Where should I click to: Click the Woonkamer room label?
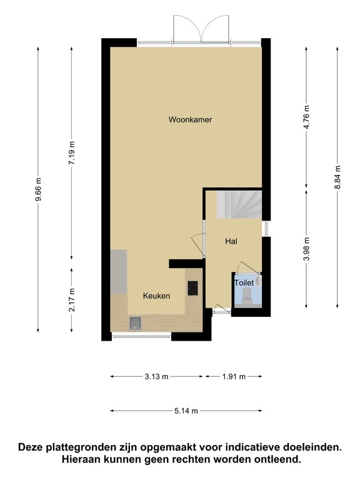pyautogui.click(x=190, y=119)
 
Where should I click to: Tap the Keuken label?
pyautogui.click(x=156, y=296)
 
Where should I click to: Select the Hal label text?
pyautogui.click(x=231, y=241)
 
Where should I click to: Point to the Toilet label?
pyautogui.click(x=244, y=282)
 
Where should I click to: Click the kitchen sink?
pyautogui.click(x=135, y=323)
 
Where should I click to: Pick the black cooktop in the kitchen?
pyautogui.click(x=192, y=288)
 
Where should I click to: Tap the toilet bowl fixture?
pyautogui.click(x=247, y=295)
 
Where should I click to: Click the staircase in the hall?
pyautogui.click(x=239, y=204)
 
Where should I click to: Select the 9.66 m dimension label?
pyautogui.click(x=38, y=190)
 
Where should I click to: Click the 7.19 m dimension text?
pyautogui.click(x=72, y=152)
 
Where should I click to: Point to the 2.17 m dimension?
pyautogui.click(x=72, y=300)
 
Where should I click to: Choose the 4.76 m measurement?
pyautogui.click(x=307, y=117)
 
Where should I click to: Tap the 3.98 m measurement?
pyautogui.click(x=307, y=249)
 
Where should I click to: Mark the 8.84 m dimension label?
pyautogui.click(x=337, y=177)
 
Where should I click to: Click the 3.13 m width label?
pyautogui.click(x=156, y=376)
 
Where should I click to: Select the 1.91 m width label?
pyautogui.click(x=234, y=376)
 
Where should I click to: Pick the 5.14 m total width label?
pyautogui.click(x=186, y=411)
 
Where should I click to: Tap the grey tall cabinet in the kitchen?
pyautogui.click(x=119, y=272)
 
